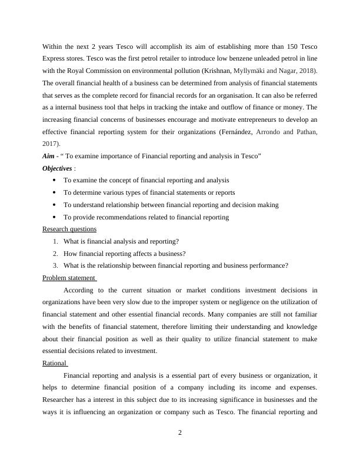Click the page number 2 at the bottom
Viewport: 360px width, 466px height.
pos(180,434)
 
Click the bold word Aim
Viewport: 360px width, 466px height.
pos(50,155)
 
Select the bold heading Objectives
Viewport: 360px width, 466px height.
pos(58,168)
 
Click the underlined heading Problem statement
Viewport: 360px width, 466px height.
pos(69,278)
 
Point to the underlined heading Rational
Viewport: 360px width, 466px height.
pos(55,363)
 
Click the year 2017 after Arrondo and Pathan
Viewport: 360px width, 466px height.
pos(51,143)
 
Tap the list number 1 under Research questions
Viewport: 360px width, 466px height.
pos(54,241)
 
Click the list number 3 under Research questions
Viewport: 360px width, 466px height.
pos(54,265)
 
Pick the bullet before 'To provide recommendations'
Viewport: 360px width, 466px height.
pos(54,217)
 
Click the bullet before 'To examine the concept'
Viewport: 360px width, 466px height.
pos(54,180)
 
